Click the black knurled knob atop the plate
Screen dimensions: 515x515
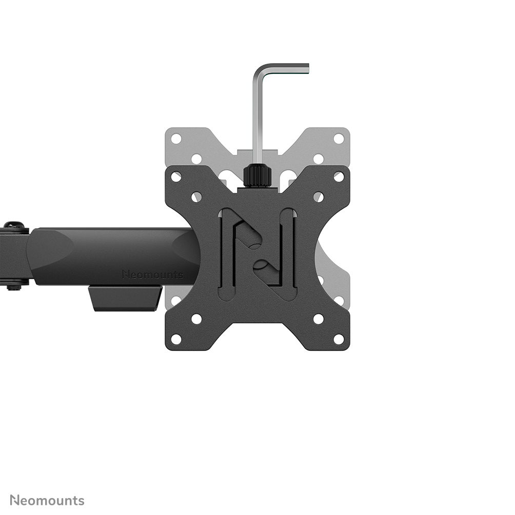257,176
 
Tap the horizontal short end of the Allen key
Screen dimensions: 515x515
287,67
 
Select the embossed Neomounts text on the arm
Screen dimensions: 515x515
152,274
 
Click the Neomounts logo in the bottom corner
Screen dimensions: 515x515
47,500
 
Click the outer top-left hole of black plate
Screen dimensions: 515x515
176,176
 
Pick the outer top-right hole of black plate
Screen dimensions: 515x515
339,176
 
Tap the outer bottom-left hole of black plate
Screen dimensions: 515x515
176,339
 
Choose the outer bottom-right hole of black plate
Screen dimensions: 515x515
339,339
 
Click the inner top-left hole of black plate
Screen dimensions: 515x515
196,197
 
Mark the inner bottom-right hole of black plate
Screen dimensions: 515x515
318,319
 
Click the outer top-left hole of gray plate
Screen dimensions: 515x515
176,138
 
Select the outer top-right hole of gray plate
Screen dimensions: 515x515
339,138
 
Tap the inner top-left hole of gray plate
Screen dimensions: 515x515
196,159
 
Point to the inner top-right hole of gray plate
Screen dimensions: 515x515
318,159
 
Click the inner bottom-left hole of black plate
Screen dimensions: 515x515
196,319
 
